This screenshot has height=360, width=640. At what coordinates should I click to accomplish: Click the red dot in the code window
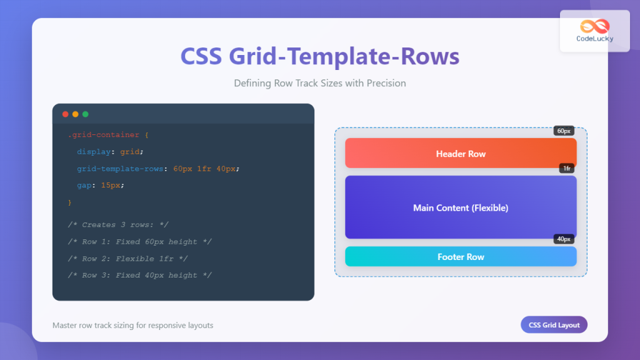(x=65, y=114)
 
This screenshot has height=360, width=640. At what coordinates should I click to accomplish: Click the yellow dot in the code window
(x=75, y=114)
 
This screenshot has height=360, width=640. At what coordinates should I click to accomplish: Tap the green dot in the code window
(x=85, y=114)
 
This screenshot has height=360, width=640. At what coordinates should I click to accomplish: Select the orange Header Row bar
(x=460, y=154)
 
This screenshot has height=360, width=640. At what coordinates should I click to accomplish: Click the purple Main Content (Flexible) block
(x=460, y=207)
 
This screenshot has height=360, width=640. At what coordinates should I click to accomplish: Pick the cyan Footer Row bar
(x=460, y=257)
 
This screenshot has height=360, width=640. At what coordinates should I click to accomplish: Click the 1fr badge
(x=566, y=168)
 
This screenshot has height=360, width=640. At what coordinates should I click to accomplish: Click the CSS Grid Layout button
(x=554, y=325)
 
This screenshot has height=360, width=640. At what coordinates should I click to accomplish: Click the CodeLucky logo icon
(x=594, y=26)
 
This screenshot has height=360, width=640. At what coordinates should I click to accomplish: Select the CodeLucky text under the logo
(x=594, y=39)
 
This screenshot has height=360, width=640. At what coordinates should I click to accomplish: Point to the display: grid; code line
(x=110, y=151)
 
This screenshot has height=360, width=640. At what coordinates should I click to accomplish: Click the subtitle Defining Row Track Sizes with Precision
(x=319, y=83)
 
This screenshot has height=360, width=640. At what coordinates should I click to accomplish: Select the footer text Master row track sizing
(x=132, y=326)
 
